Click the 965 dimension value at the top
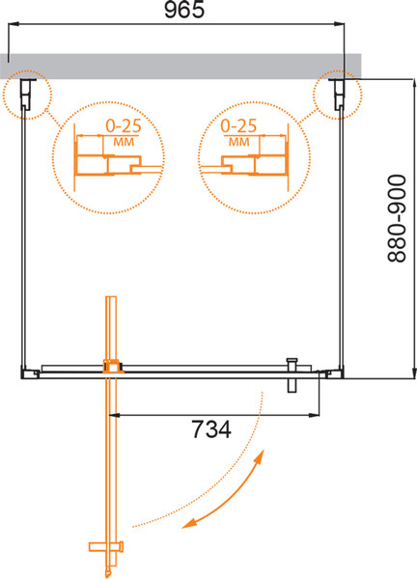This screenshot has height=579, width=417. point(184,10)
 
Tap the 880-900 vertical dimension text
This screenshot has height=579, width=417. point(397,219)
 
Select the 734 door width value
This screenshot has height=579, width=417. point(211,429)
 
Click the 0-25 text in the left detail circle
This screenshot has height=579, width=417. point(124,125)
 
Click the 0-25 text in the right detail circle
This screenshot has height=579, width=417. point(238,125)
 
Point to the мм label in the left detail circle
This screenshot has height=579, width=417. point(124,142)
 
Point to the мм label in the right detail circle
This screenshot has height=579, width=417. point(239,142)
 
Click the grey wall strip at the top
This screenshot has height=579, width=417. point(181,66)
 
